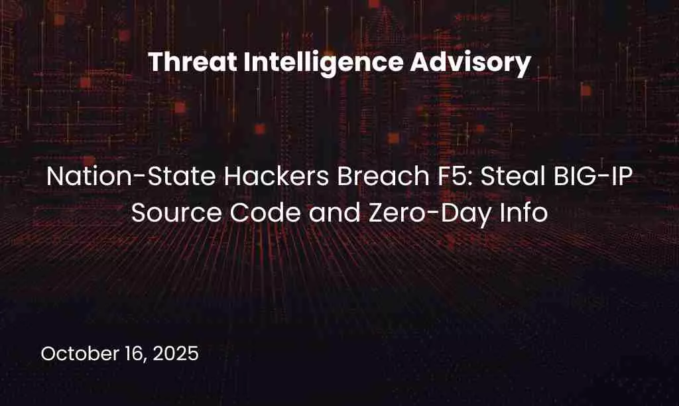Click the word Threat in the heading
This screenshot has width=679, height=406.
coord(193,62)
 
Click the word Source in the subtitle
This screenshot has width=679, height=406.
coord(176,213)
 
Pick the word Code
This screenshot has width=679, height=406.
coord(265,213)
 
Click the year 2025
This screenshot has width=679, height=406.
coord(176,354)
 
